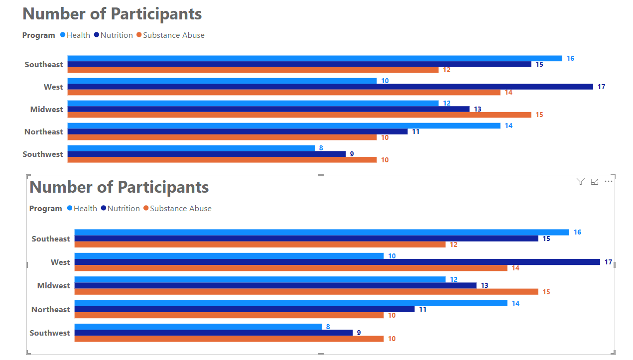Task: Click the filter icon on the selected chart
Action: click(x=580, y=182)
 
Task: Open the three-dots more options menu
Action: click(x=609, y=182)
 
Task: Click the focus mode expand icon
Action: click(x=594, y=182)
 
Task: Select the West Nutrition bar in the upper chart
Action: click(x=330, y=87)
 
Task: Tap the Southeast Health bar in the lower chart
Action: click(x=321, y=232)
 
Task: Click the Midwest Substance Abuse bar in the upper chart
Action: click(x=299, y=115)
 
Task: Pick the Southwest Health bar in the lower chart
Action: click(x=198, y=327)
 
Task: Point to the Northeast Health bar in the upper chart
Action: click(x=283, y=126)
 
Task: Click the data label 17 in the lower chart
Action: click(x=608, y=262)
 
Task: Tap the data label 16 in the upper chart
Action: click(x=570, y=59)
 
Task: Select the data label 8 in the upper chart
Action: click(x=321, y=148)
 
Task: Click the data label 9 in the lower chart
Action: click(x=359, y=333)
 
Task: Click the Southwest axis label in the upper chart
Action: click(x=43, y=154)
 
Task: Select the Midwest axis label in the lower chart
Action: click(x=53, y=286)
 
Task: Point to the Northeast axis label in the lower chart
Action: click(x=50, y=310)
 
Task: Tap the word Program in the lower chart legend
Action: click(x=45, y=209)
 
